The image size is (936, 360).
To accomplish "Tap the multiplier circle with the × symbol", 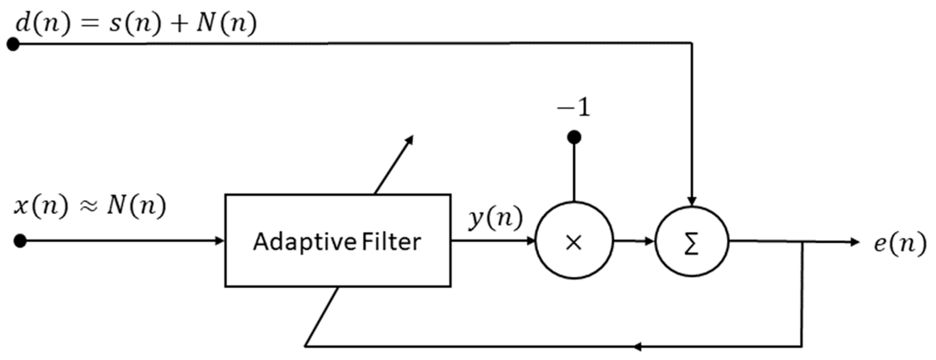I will tap(574, 240).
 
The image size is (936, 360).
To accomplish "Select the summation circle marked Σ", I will tap(692, 242).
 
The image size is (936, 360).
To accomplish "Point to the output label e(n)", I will tap(900, 243).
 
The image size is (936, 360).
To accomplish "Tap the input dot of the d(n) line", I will tap(13, 44).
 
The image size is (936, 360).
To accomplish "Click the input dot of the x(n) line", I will tap(20, 240).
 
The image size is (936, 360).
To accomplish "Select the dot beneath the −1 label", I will tap(574, 137).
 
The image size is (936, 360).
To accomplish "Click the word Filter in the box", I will tap(391, 242).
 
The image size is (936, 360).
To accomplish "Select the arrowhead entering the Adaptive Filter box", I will tap(219, 240).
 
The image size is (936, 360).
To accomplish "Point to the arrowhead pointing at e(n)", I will tap(855, 242).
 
